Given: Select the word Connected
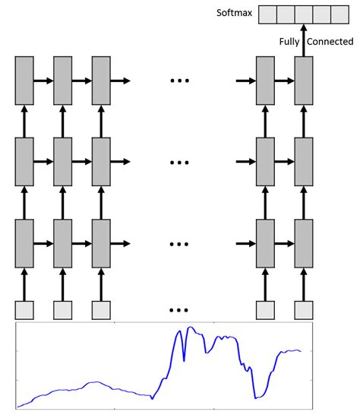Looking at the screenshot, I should click(x=330, y=41).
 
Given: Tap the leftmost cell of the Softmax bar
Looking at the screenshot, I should click(x=267, y=14).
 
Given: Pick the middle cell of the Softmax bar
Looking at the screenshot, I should click(x=304, y=14).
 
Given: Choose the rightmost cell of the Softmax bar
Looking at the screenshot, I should click(x=341, y=14).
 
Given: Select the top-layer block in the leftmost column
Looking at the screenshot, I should click(x=24, y=80).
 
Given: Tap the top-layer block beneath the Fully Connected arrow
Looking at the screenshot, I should click(x=304, y=80).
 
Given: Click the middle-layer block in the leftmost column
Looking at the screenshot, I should click(x=24, y=162).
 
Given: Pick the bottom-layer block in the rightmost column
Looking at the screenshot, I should click(x=304, y=243).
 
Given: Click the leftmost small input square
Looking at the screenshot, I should click(x=24, y=310).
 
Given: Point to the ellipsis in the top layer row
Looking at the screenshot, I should click(x=178, y=80).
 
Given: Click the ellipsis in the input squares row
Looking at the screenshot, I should click(x=178, y=310).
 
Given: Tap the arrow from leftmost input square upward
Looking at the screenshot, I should click(x=24, y=283).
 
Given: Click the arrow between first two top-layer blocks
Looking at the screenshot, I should click(x=43, y=80).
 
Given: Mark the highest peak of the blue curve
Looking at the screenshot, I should click(x=191, y=328).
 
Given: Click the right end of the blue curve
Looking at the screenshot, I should click(x=302, y=351).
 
